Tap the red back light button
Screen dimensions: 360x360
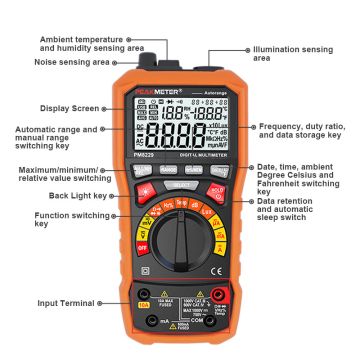click(143, 186)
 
